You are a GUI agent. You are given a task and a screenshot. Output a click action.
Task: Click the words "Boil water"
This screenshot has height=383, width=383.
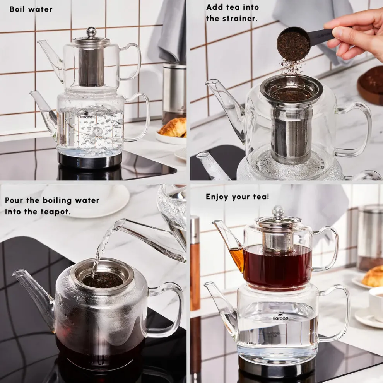pos(31,9)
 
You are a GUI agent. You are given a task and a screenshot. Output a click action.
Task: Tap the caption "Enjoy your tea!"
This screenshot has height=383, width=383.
pos(237,197)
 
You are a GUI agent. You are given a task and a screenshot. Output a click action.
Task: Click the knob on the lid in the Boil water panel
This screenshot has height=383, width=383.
pos(91,32)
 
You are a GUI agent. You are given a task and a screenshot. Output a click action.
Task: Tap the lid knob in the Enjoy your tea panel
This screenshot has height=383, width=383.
pos(278,211)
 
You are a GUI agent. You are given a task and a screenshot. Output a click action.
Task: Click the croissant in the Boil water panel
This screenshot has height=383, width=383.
pos(173,128)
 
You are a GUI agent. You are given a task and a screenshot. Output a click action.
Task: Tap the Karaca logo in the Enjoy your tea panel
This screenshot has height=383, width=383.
pos(278,315)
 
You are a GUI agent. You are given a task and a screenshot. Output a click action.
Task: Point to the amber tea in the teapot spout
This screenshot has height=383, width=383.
pos(237,257)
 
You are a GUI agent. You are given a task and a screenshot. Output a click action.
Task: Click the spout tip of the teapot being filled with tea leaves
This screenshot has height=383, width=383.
pos(209,83)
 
